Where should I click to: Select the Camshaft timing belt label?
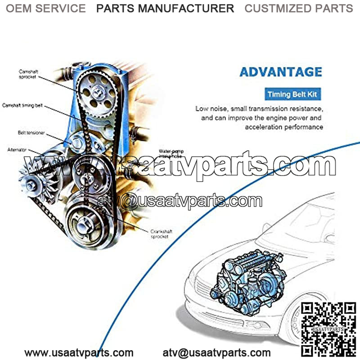(x=22, y=105)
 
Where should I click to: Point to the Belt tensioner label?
(x=31, y=133)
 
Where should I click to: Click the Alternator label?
(x=18, y=149)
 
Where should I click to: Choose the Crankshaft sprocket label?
(x=162, y=234)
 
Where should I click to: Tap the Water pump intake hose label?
(x=171, y=154)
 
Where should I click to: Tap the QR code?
(x=328, y=330)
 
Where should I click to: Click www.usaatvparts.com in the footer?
(x=79, y=353)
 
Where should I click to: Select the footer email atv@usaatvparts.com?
(x=216, y=353)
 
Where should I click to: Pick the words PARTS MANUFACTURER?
(x=165, y=8)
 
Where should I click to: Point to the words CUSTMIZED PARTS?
(x=299, y=8)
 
